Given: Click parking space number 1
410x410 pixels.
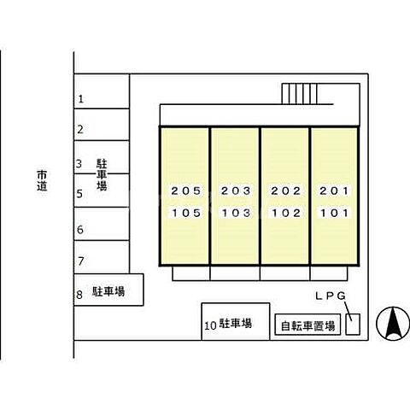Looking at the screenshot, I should (x=80, y=99).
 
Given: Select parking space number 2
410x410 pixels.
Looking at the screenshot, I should (x=80, y=131).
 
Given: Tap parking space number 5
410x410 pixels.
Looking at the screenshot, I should (x=80, y=194).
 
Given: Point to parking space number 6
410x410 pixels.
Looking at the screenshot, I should (x=80, y=230).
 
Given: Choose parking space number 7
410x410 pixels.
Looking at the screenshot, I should (x=80, y=261).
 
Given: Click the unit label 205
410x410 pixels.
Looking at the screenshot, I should (x=185, y=190).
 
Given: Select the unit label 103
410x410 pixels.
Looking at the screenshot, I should (x=235, y=213).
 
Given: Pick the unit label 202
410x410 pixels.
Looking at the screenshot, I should (x=284, y=190).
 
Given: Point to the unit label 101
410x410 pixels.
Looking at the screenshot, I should (x=334, y=213).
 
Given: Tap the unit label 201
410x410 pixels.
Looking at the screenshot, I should (x=334, y=190).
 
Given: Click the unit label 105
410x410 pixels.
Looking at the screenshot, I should (x=185, y=213).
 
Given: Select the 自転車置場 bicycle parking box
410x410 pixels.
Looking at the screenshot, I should (x=308, y=325).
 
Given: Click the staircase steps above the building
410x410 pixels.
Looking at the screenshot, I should (x=299, y=92).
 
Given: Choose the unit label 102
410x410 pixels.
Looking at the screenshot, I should (x=284, y=213).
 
